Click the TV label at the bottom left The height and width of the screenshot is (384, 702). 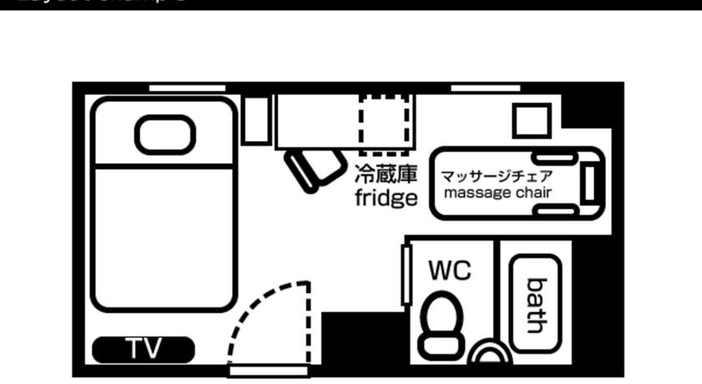click(x=143, y=349)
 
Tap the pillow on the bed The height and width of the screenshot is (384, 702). click(x=165, y=134)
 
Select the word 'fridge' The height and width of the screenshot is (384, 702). click(x=385, y=199)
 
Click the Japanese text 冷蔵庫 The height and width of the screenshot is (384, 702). click(x=385, y=174)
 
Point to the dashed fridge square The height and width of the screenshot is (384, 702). click(x=385, y=124)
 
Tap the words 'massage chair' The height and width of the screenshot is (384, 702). click(x=497, y=193)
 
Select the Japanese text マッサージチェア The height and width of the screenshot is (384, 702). click(x=496, y=176)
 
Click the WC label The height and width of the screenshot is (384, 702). click(x=450, y=270)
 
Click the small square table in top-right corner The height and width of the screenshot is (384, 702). click(x=532, y=120)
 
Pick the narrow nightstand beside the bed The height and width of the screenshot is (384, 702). click(x=256, y=119)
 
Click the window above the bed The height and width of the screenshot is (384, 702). click(x=187, y=88)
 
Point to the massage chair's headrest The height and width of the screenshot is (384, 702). click(x=589, y=183)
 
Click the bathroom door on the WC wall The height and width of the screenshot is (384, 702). click(x=406, y=275)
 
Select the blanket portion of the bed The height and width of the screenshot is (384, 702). click(x=164, y=238)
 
